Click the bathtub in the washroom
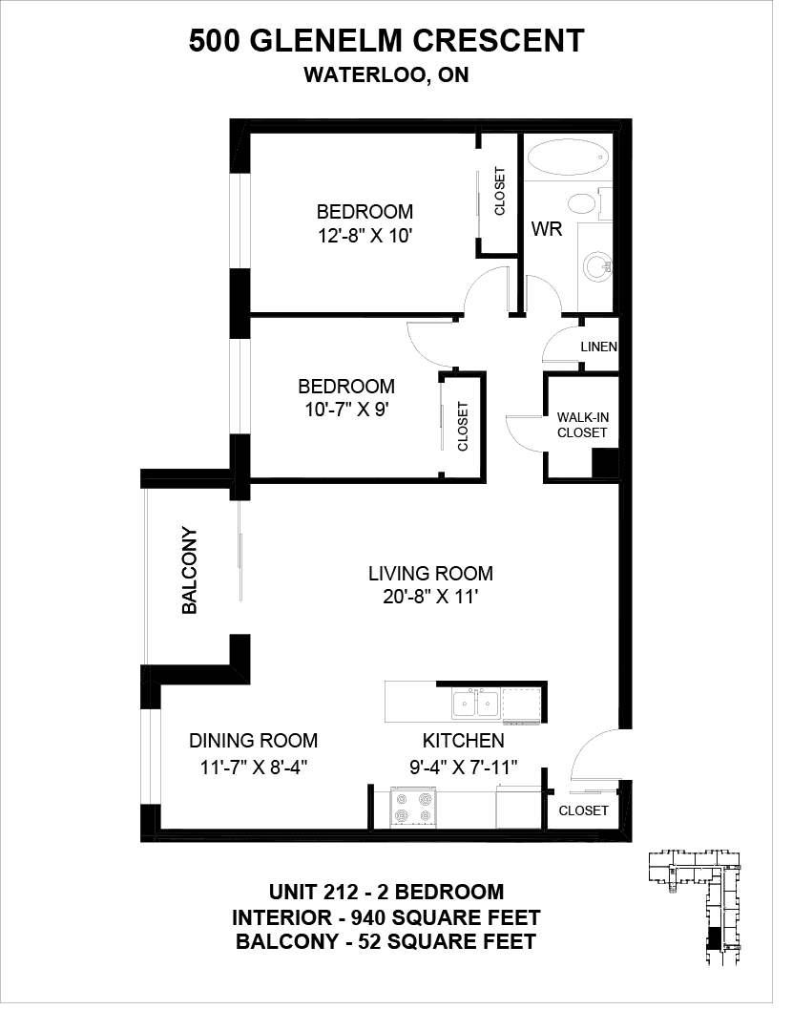[569, 158]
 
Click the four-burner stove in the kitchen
[412, 808]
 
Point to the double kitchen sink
[475, 705]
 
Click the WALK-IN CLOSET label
[582, 425]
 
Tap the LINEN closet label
[598, 347]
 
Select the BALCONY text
[189, 570]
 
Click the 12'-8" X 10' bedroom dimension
[365, 236]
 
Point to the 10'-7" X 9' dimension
[346, 410]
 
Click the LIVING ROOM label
[430, 574]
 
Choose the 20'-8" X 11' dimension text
[430, 597]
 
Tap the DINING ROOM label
[253, 741]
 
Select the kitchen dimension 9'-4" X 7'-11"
[464, 767]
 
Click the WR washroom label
[546, 229]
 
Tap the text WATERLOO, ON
[386, 75]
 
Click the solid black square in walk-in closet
[605, 464]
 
